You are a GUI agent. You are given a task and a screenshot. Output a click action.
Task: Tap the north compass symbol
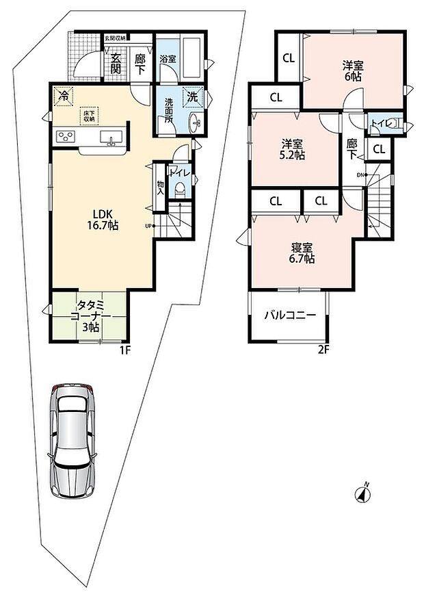[362, 493]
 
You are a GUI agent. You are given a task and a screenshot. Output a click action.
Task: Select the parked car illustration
[72, 440]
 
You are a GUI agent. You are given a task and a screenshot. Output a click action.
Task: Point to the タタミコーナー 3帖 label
[90, 316]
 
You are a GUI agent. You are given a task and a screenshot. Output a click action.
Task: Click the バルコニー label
[290, 315]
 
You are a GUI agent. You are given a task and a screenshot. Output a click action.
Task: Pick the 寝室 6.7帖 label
[302, 253]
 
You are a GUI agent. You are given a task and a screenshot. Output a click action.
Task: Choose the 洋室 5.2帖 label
[293, 149]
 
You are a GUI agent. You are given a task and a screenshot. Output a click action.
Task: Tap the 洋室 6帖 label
[353, 71]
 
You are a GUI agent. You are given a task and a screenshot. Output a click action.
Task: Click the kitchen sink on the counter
[111, 137]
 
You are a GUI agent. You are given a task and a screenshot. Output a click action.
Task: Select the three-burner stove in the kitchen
[66, 136]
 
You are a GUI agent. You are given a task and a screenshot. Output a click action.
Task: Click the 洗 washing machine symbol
[193, 96]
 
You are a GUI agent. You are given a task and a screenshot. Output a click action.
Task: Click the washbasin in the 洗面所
[196, 122]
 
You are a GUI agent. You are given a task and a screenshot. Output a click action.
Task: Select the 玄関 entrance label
[116, 64]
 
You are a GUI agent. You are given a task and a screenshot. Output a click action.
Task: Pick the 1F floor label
[125, 350]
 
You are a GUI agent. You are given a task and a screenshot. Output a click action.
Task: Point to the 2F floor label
[323, 350]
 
